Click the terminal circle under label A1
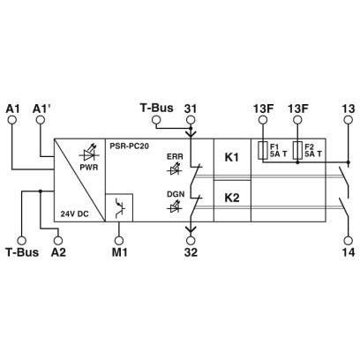(12, 119)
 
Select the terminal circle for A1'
(41, 119)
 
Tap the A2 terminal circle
(58, 240)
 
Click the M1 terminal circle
(119, 240)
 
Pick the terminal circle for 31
(191, 119)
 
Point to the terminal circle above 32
(191, 240)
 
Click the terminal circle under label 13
(349, 119)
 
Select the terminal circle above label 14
(349, 240)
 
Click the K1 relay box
(232, 159)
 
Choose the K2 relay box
(232, 201)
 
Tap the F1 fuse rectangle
(263, 151)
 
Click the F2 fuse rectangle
(297, 151)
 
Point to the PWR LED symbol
(89, 154)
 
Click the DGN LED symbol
(175, 206)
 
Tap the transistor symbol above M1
(120, 207)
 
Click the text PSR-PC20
(130, 146)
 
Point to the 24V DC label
(74, 214)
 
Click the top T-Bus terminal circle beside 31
(156, 119)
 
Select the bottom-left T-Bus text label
(22, 252)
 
